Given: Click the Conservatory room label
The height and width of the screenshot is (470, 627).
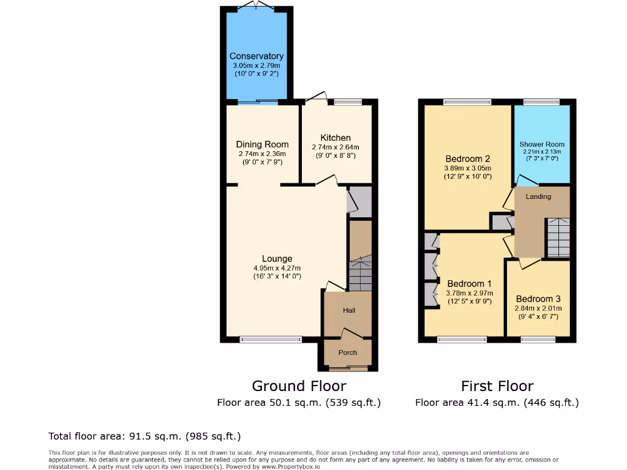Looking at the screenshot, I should tap(256, 56).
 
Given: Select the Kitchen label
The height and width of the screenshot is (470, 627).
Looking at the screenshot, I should tap(336, 138).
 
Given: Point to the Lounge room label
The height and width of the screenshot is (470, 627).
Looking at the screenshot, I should tap(277, 259).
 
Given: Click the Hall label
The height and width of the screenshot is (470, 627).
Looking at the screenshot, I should tap(349, 310).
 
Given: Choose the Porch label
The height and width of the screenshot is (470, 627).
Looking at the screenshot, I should tap(348, 352).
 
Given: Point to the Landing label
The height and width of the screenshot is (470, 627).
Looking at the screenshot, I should tap(538, 196).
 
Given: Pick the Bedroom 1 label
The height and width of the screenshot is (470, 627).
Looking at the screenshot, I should tap(469, 284).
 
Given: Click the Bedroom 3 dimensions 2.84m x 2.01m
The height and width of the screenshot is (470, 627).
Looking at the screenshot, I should tap(537, 308).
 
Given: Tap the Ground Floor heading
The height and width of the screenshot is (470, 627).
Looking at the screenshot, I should tap(299, 386).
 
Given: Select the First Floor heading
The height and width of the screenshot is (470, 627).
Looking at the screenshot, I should tap(497, 386).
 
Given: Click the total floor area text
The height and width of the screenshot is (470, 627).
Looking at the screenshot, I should tap(145, 436).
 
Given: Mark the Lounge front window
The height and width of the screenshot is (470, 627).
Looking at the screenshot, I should tap(271, 339).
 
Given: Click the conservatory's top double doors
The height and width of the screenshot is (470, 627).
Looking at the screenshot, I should tap(256, 6).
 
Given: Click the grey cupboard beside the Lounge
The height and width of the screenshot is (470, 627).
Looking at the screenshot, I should tap(360, 201).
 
